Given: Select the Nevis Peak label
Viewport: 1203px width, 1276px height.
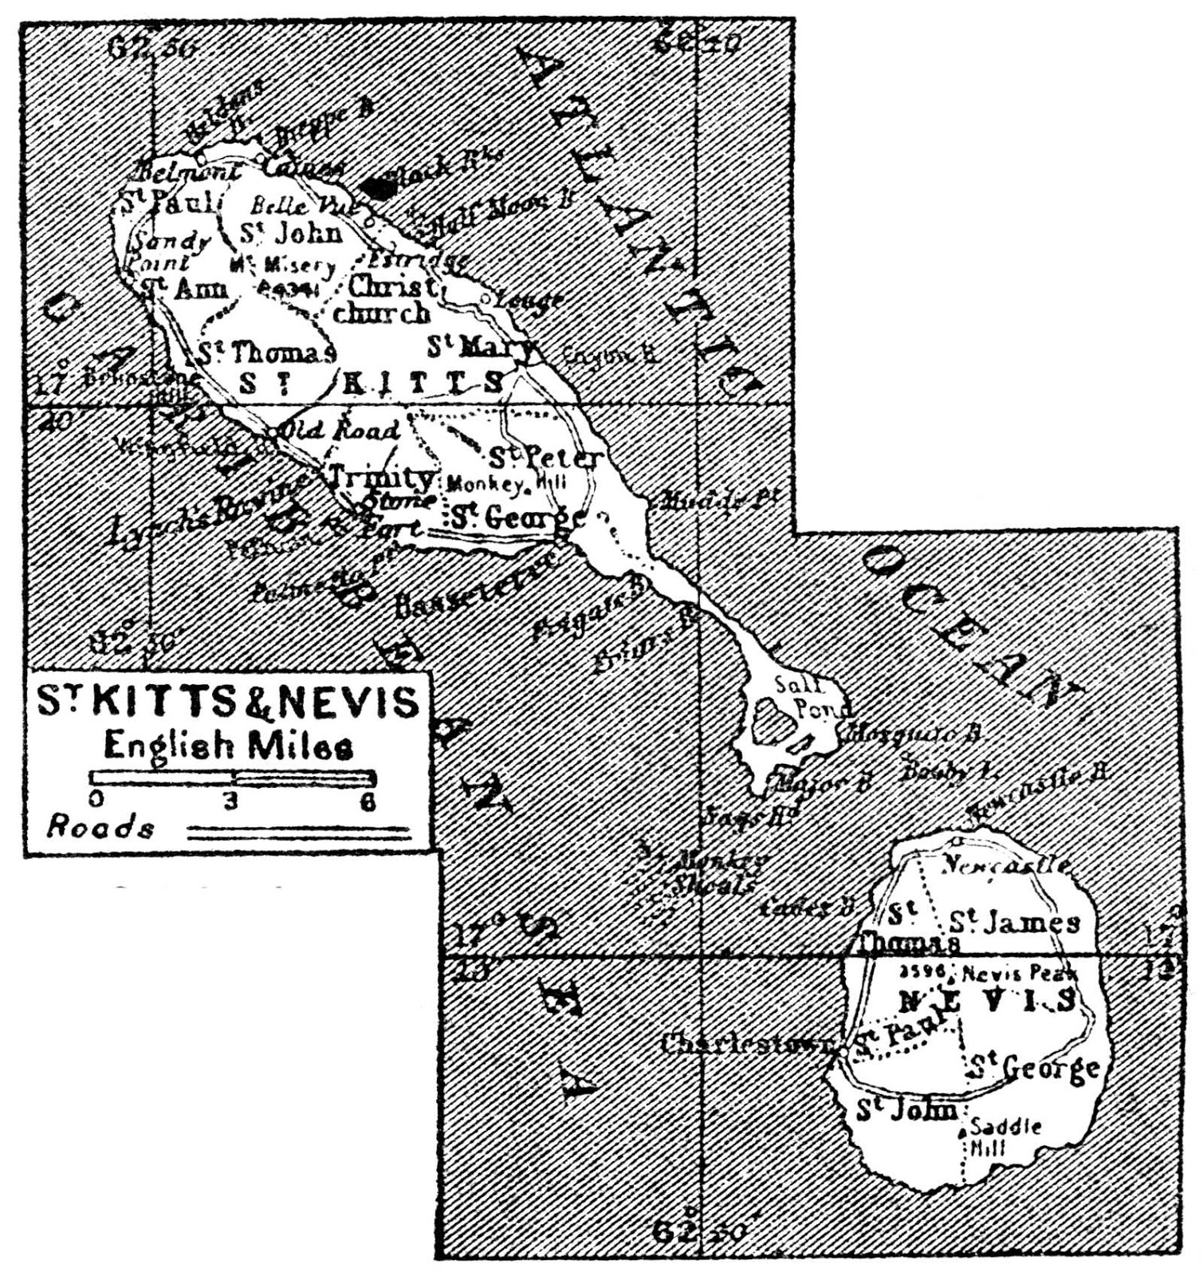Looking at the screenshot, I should pyautogui.click(x=1020, y=974).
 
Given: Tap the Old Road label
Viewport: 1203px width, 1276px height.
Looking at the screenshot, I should pyautogui.click(x=343, y=431).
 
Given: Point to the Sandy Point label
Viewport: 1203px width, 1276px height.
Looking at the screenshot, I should pyautogui.click(x=168, y=251).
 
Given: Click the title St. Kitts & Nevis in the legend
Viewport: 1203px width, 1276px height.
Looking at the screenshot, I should pyautogui.click(x=228, y=702).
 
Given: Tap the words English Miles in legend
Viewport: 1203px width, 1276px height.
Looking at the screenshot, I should pyautogui.click(x=228, y=746).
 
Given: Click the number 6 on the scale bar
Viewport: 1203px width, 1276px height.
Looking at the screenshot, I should pyautogui.click(x=368, y=802).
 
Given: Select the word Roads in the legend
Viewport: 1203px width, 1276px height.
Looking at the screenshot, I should pyautogui.click(x=100, y=828).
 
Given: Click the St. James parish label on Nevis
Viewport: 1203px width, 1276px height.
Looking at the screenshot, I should pyautogui.click(x=1013, y=923).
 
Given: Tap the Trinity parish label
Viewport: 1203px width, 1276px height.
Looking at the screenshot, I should pyautogui.click(x=383, y=478).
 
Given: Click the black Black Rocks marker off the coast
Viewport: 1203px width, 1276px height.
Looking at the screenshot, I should pyautogui.click(x=379, y=188).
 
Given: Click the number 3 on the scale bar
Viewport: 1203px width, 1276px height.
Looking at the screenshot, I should pyautogui.click(x=231, y=802).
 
